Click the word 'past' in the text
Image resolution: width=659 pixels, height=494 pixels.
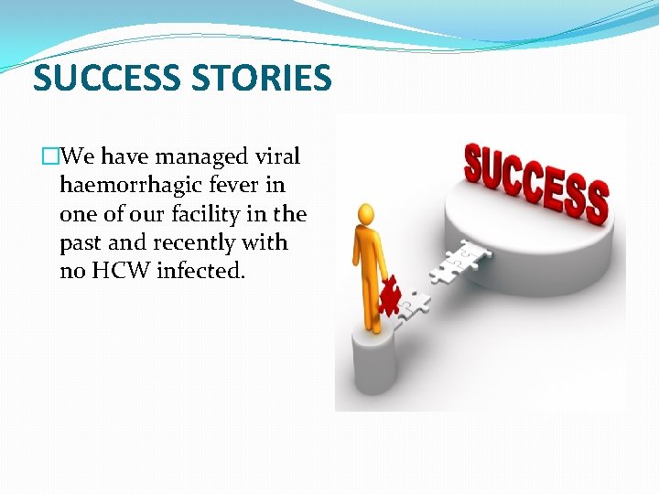[81, 243]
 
